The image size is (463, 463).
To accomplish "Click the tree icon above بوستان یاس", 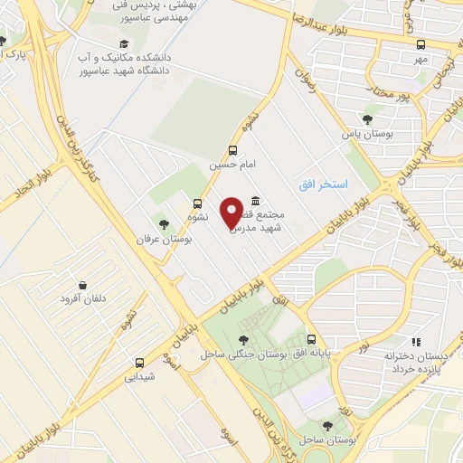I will point(368,118).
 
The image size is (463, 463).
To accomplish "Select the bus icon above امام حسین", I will point(234,150).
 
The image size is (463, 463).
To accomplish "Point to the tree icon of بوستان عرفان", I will point(164,223).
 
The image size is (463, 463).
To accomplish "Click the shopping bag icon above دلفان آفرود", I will point(83,284).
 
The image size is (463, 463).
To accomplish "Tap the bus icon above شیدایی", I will point(138,360).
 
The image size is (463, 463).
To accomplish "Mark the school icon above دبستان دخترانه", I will point(416,342).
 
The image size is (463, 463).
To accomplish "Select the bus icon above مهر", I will point(420,43).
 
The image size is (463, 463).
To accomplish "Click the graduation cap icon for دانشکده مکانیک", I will point(123,43).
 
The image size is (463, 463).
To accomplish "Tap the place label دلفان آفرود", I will point(83,299).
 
